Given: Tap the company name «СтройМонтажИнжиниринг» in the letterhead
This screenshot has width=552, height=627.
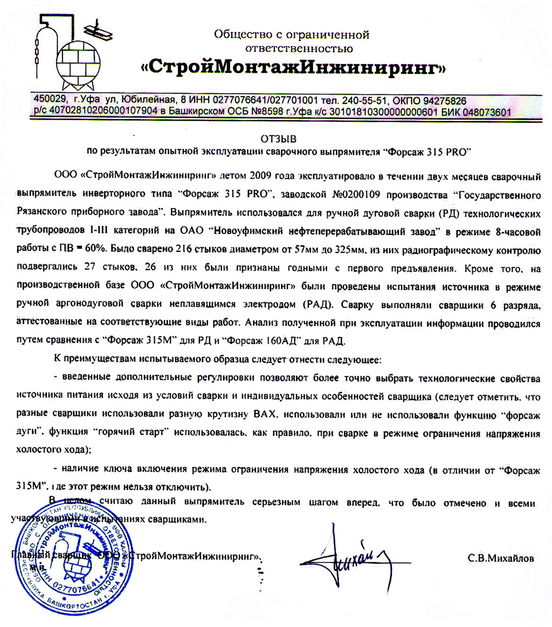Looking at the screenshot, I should click(293, 68).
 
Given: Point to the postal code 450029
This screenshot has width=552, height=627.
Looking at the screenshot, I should click(50, 101).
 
